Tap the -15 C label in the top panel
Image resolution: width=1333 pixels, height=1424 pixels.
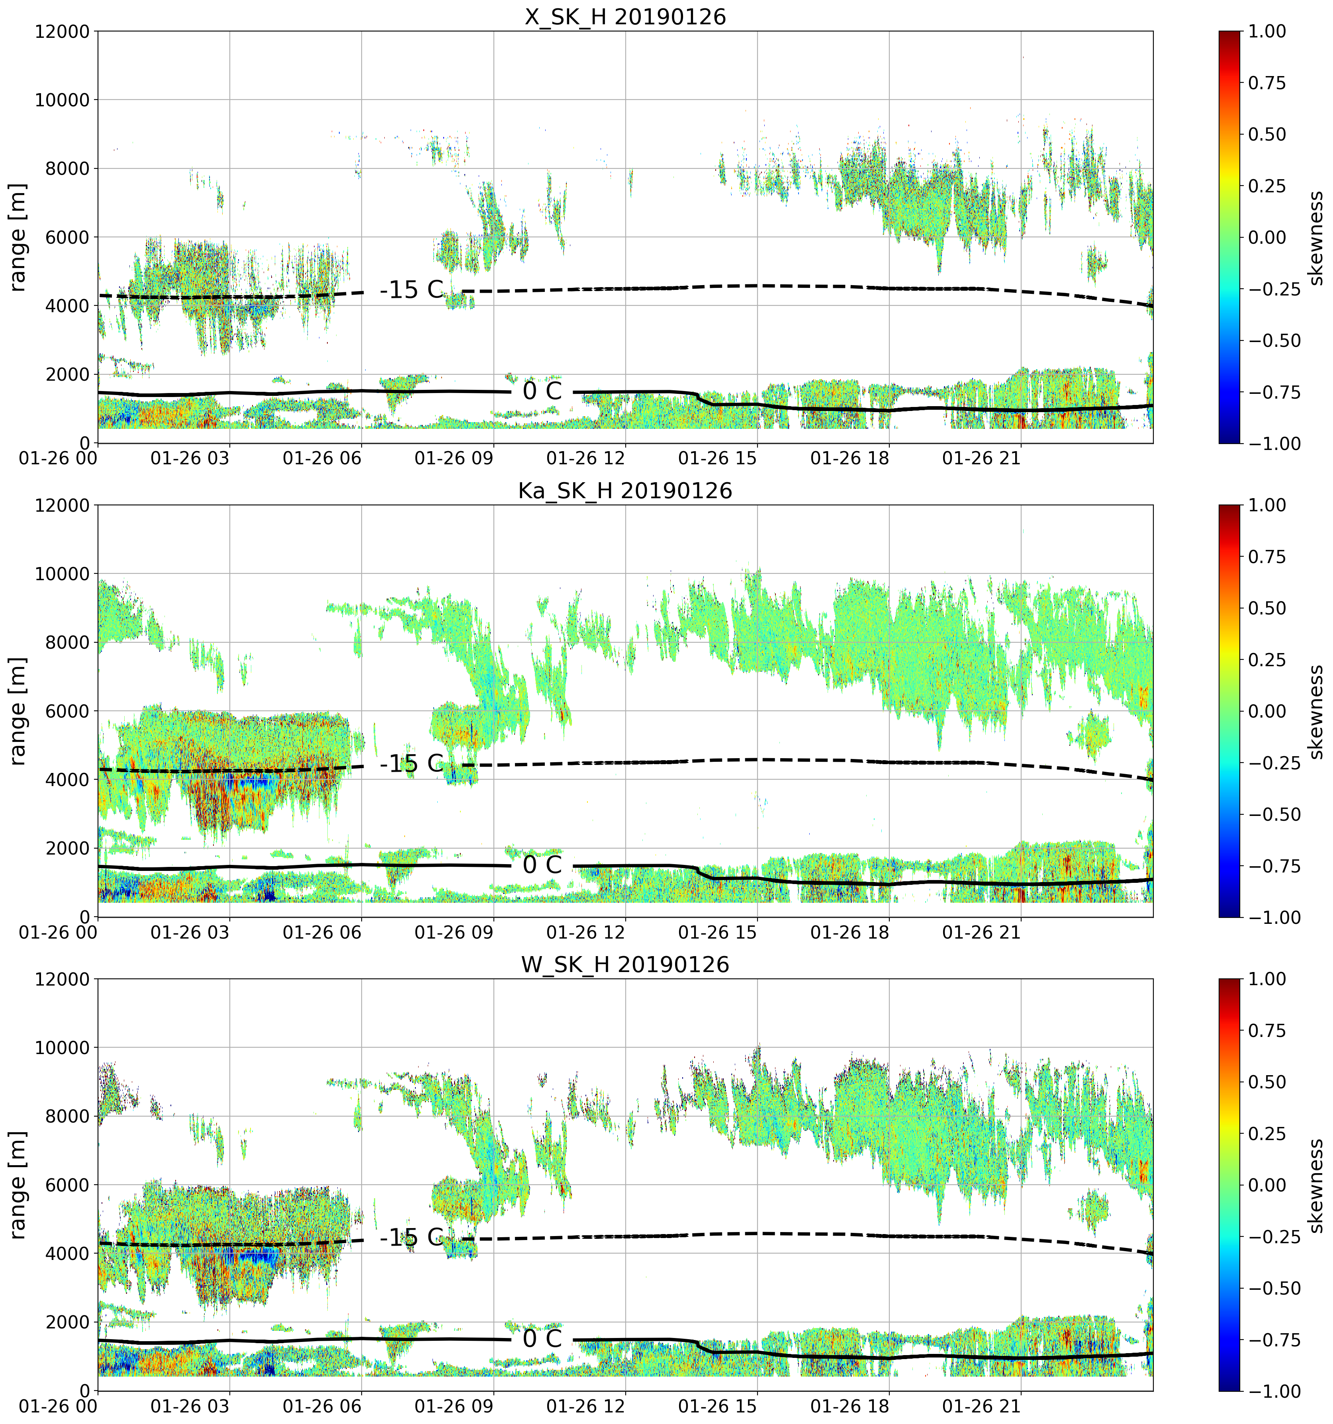point(412,290)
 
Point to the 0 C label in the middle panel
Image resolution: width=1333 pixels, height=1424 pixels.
point(542,865)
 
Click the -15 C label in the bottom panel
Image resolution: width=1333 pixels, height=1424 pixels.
point(412,1238)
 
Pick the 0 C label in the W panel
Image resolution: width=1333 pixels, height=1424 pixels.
point(542,1339)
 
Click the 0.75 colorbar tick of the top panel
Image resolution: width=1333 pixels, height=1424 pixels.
point(1267,83)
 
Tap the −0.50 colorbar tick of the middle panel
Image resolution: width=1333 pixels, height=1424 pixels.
point(1274,814)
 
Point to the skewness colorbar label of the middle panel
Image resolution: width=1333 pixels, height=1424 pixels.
point(1315,711)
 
